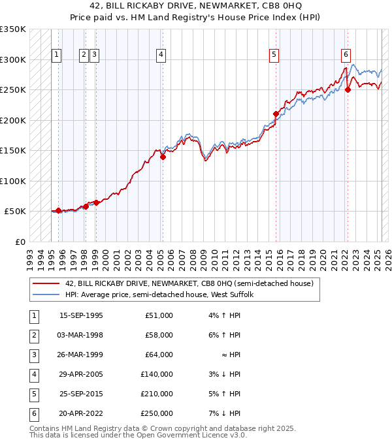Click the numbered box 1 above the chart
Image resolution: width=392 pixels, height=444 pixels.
[57, 55]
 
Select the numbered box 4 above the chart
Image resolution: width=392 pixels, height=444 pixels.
[161, 55]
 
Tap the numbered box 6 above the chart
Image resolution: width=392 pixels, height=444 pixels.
[346, 55]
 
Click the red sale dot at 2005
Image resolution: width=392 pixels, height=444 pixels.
[163, 156]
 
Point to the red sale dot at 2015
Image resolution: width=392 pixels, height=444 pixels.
[276, 114]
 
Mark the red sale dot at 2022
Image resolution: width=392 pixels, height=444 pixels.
[348, 90]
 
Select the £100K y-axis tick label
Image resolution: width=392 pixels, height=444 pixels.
[13, 181]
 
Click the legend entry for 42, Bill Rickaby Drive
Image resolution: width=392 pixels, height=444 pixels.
[189, 283]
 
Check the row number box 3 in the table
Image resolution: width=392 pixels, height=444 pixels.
[33, 355]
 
